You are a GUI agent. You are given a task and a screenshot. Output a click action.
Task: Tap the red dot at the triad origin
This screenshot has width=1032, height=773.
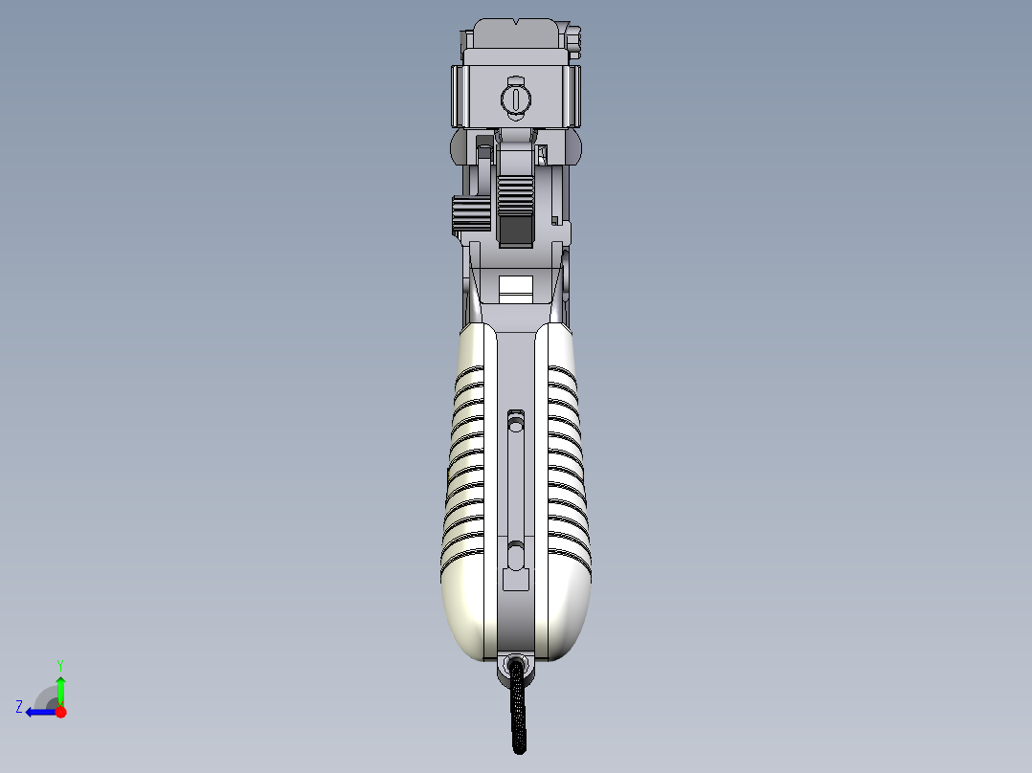[x=60, y=712]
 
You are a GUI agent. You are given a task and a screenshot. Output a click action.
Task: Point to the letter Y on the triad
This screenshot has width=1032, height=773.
[x=60, y=664]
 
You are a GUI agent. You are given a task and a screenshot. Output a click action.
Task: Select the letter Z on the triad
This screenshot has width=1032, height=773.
[x=19, y=706]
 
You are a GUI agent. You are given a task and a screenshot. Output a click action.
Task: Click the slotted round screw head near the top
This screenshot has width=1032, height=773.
[x=515, y=98]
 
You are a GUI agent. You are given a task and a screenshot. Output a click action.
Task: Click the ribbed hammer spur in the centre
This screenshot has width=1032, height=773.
[x=515, y=195]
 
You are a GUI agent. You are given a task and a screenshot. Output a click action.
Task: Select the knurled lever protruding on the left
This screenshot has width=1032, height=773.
[x=468, y=215]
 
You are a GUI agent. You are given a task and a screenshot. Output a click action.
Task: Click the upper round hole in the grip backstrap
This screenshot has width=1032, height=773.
[x=516, y=419]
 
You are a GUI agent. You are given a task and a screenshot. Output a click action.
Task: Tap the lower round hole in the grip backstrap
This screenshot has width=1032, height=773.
[x=516, y=551]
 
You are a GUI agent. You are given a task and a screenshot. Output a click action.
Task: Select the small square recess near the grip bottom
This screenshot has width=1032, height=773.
[x=516, y=579]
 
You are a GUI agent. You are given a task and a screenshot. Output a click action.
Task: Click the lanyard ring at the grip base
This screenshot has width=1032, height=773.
[x=517, y=668]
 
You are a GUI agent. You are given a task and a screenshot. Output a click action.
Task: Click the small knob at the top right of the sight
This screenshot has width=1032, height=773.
[x=574, y=38]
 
